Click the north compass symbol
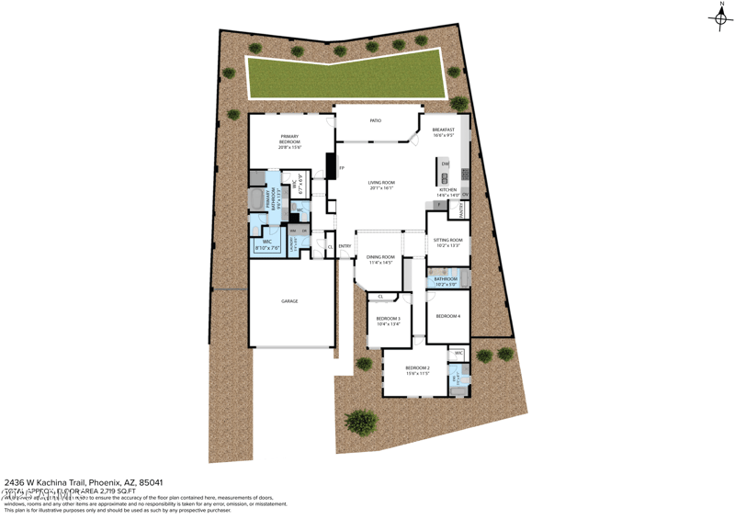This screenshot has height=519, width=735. (718, 17)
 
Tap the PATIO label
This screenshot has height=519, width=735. (375, 120)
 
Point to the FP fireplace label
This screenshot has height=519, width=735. (342, 168)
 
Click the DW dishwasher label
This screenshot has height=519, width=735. (445, 164)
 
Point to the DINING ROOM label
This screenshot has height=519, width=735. (380, 259)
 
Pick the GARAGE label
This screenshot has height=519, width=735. (289, 301)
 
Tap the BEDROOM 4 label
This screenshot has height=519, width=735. (447, 316)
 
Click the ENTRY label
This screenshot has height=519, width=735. (345, 246)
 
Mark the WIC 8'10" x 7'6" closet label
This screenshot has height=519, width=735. (267, 243)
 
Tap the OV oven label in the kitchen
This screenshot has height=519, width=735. (466, 194)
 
